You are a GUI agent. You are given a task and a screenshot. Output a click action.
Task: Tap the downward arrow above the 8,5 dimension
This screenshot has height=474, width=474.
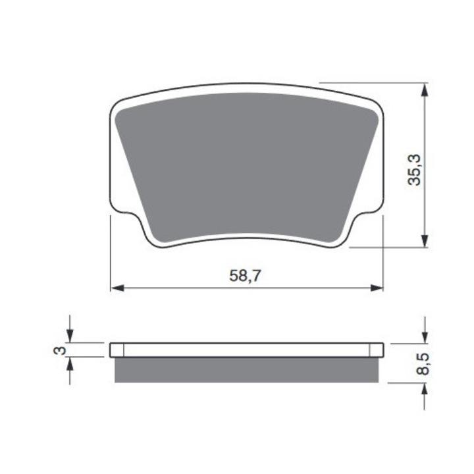[x=426, y=336]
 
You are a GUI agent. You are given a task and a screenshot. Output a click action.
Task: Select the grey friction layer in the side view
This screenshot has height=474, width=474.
[x=247, y=371]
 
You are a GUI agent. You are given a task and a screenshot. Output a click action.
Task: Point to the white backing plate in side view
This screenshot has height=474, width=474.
[x=247, y=350]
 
